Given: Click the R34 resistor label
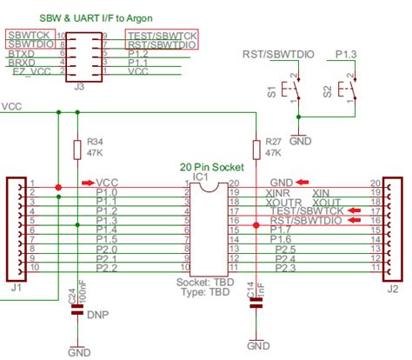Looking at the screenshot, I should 94,140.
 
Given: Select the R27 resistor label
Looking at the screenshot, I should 273,140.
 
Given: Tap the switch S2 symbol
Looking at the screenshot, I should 349,90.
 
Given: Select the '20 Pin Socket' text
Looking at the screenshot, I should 213,165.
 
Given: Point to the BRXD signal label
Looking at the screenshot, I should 22,63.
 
